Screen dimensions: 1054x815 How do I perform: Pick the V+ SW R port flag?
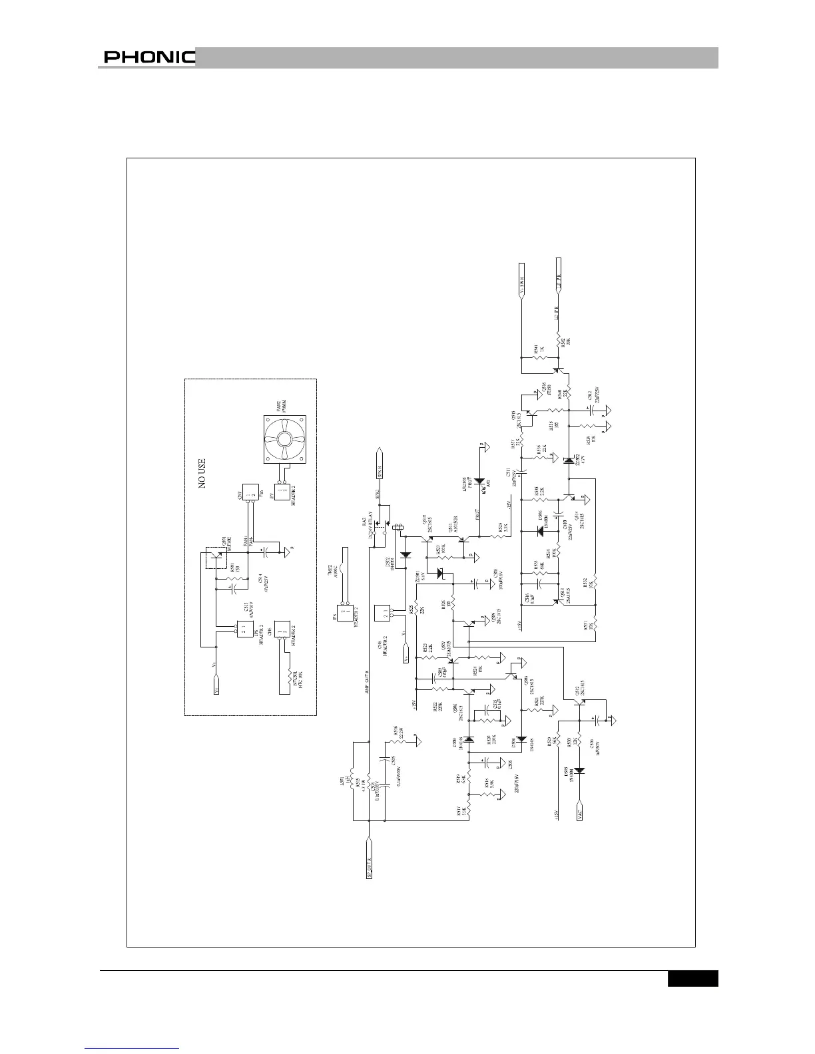[522, 283]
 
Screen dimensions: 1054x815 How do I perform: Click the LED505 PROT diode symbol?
[479, 481]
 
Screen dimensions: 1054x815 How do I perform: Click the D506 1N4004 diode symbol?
[540, 530]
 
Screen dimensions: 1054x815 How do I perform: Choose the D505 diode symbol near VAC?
[580, 771]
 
